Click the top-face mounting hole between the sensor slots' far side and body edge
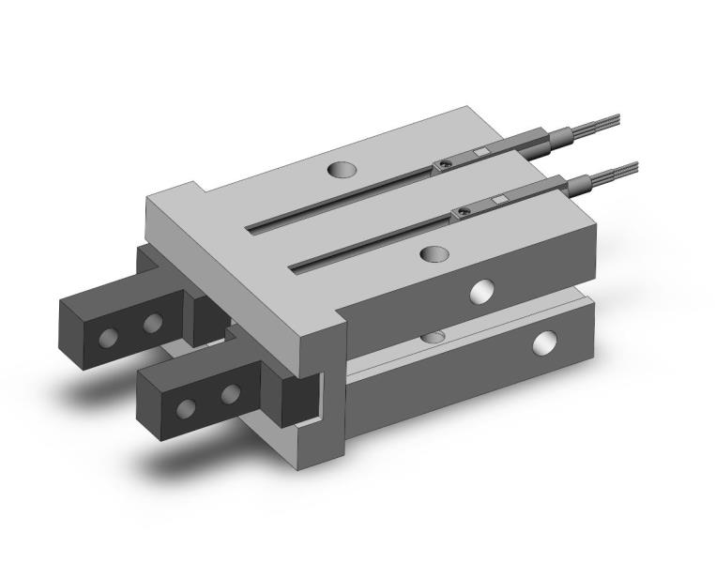point(342,171)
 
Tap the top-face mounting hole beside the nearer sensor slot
point(434,254)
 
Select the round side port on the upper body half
point(483,292)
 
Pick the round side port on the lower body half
point(543,343)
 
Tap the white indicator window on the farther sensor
point(479,152)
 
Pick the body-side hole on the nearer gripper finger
point(229,395)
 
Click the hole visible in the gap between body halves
point(433,336)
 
